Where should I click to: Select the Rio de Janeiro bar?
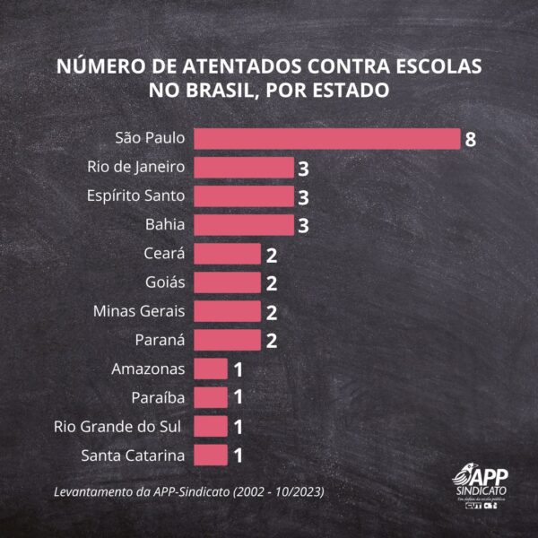click(243, 168)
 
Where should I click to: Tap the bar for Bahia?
click(243, 225)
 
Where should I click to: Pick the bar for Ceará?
click(227, 254)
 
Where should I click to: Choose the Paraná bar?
click(227, 340)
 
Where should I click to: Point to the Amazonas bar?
click(211, 369)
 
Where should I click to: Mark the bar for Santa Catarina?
click(211, 455)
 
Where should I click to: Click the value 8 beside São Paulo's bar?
click(470, 140)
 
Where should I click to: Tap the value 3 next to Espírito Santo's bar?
click(303, 197)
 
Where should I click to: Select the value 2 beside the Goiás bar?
click(271, 283)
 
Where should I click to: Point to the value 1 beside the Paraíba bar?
click(239, 397)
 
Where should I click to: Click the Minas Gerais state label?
click(139, 311)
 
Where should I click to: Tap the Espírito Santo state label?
click(136, 196)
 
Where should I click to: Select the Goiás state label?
click(164, 282)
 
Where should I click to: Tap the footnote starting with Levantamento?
click(188, 492)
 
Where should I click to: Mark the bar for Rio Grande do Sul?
click(211, 426)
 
